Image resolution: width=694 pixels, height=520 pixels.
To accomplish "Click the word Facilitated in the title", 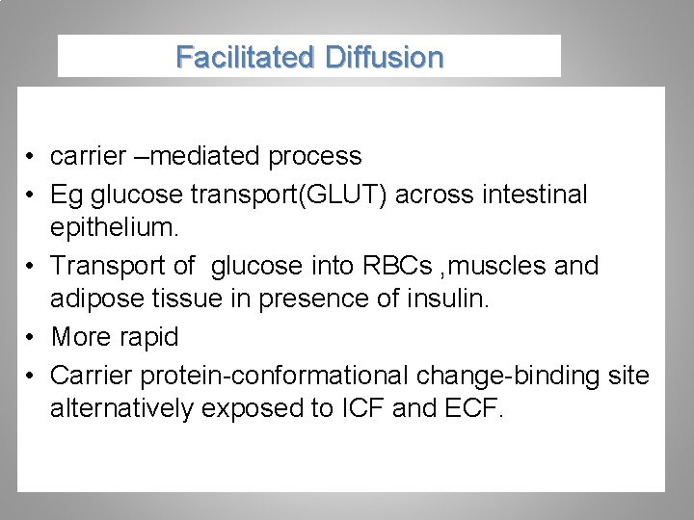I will [246, 58].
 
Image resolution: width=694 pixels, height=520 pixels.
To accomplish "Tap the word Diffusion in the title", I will [385, 58].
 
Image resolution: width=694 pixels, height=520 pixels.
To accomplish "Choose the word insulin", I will [451, 300].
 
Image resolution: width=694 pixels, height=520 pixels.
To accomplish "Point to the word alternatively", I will [121, 408].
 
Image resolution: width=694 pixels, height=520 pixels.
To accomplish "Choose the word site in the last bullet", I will [627, 374].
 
